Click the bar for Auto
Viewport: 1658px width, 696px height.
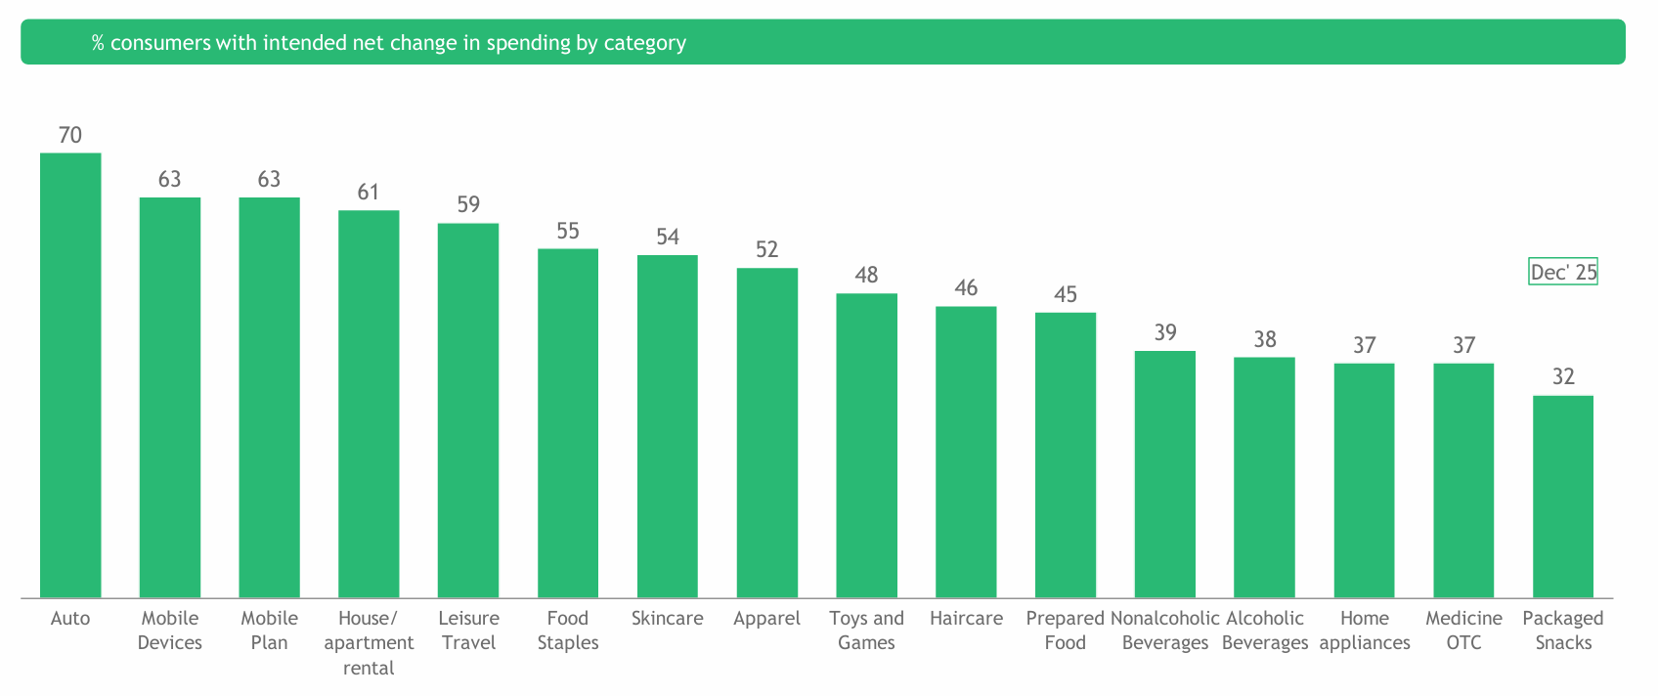70,375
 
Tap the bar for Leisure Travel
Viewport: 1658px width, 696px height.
468,411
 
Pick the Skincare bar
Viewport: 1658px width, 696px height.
668,426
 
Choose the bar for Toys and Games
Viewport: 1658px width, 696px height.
866,446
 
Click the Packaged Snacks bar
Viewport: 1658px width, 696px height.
1563,497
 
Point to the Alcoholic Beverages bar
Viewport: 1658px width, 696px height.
1264,477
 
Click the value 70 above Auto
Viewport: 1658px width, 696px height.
70,135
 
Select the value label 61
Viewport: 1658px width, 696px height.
369,192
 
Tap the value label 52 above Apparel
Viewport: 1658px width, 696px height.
767,249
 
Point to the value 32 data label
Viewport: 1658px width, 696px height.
1563,376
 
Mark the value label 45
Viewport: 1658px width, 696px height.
1066,294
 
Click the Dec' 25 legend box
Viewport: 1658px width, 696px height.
1563,272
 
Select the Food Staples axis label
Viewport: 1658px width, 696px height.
568,631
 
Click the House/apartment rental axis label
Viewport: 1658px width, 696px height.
369,643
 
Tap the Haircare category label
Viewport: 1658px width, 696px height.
966,618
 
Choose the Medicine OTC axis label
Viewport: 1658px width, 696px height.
1463,631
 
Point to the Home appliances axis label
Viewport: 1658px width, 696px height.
1365,631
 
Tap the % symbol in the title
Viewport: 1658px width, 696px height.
98,43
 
